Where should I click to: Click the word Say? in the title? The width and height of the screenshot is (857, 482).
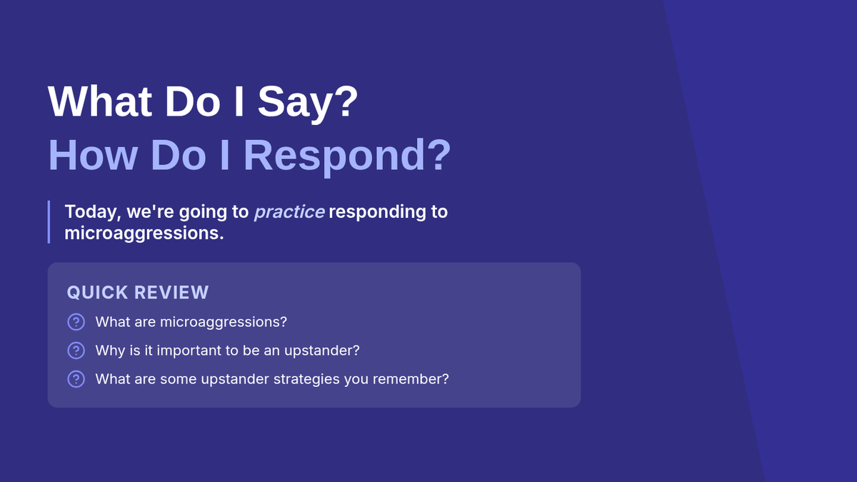pos(308,102)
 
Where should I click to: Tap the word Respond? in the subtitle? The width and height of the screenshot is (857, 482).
pos(347,156)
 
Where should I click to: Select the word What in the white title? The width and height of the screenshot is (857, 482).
pos(99,101)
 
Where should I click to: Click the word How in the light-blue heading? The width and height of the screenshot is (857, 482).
pos(93,154)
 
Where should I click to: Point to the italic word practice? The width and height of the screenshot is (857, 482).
pos(289,212)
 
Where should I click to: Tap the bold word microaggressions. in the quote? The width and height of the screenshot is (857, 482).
pos(144,234)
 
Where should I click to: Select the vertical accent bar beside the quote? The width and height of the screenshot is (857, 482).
pos(49,222)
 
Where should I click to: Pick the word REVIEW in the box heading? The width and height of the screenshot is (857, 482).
pos(171,293)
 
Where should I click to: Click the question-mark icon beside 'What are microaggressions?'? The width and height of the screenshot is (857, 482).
pos(76,322)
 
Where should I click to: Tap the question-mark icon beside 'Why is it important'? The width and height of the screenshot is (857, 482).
pos(76,351)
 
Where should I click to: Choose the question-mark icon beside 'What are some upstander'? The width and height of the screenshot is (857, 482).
pos(76,379)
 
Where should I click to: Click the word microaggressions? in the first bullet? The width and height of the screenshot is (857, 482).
pos(223,323)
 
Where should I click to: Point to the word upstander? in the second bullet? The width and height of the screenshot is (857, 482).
pos(322,351)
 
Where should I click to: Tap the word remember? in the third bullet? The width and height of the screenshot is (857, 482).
pos(411,379)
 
